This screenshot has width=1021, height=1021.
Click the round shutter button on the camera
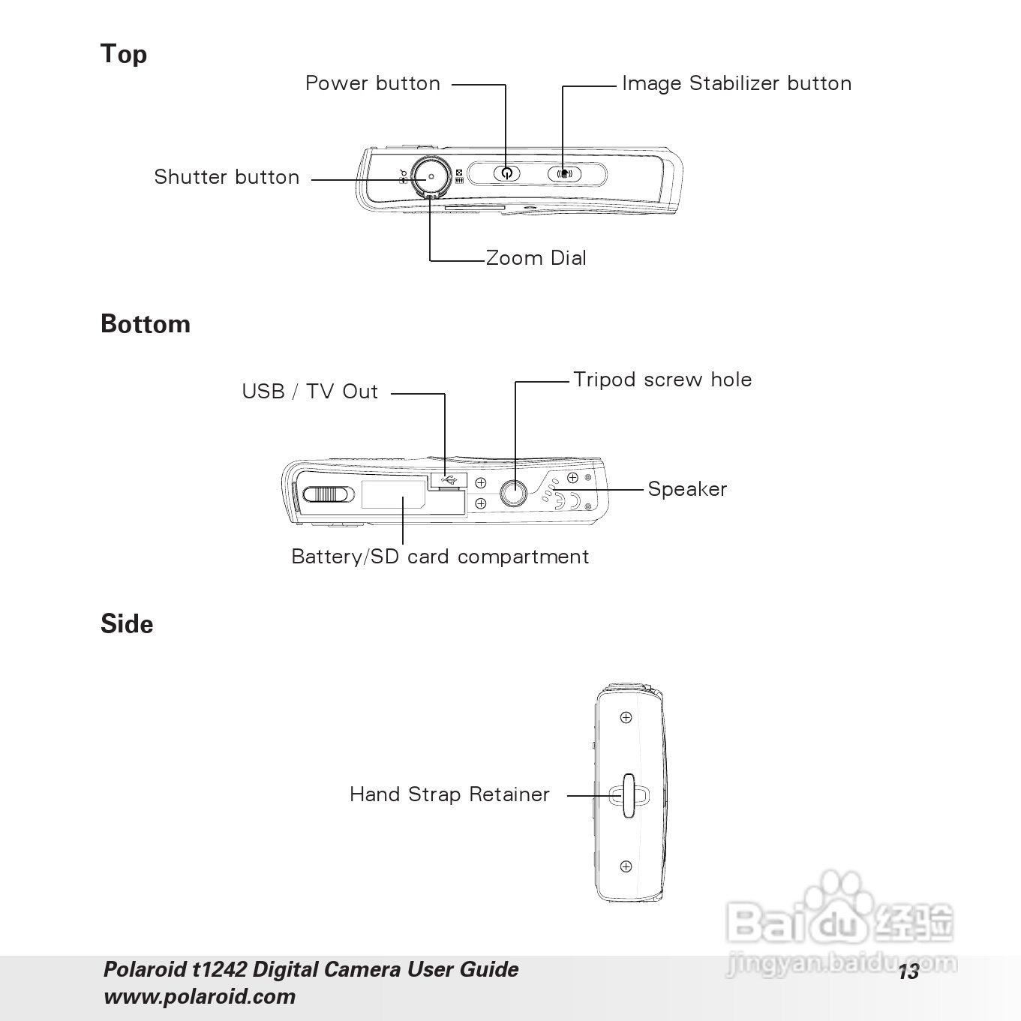(x=431, y=177)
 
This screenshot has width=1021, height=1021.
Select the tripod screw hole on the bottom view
(x=514, y=493)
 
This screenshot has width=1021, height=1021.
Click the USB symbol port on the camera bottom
(x=449, y=479)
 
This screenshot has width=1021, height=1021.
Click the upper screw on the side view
(x=626, y=718)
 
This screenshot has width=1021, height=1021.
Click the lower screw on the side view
(x=626, y=866)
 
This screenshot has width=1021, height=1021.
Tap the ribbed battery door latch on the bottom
(x=329, y=494)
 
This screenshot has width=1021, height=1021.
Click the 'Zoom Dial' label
(x=536, y=258)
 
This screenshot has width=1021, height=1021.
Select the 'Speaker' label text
(x=687, y=489)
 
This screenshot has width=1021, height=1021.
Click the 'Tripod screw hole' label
(x=662, y=380)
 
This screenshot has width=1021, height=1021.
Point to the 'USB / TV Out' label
(x=310, y=392)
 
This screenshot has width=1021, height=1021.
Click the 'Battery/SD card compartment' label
(x=440, y=557)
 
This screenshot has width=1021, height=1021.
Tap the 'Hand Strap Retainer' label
(x=449, y=794)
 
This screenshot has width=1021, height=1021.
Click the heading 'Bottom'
(x=146, y=324)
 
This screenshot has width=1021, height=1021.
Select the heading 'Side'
(x=127, y=624)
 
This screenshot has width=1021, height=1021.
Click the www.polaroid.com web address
(x=200, y=997)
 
